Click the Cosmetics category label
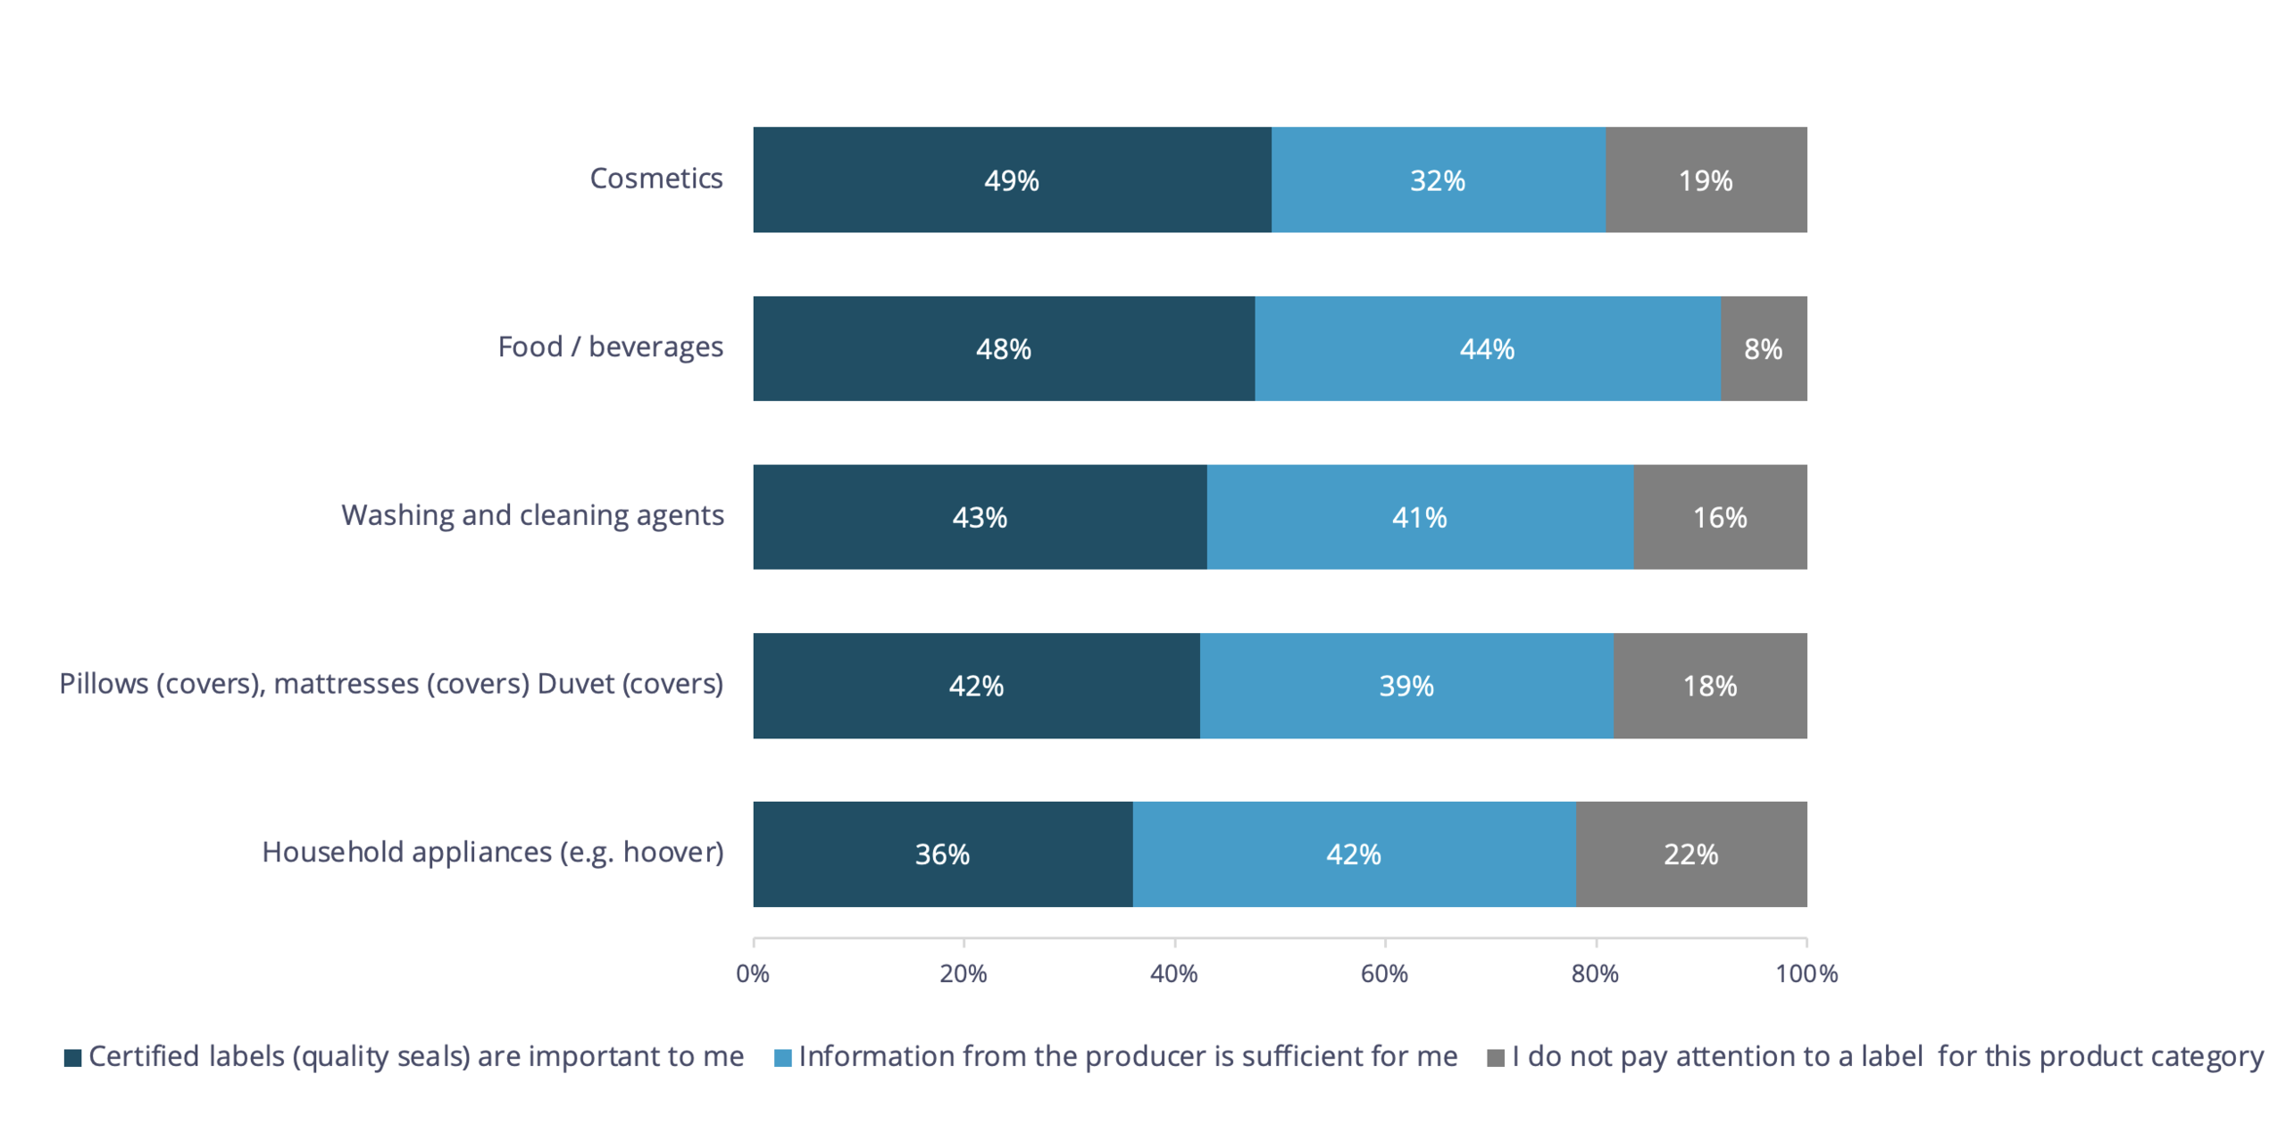point(655,179)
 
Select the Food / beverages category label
point(610,346)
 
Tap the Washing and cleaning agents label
point(532,515)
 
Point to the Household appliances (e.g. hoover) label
point(492,852)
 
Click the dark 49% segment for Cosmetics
point(1011,179)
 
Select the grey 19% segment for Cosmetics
point(1705,179)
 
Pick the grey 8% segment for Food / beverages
point(1763,348)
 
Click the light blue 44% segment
point(1487,348)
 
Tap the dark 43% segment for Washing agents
point(979,517)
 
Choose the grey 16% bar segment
point(1719,517)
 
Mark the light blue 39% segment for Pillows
point(1406,686)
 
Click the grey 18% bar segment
point(1709,686)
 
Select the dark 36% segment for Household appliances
point(942,854)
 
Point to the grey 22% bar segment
point(1690,854)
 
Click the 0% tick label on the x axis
point(752,973)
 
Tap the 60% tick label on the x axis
point(1383,973)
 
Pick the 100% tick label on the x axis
point(1806,973)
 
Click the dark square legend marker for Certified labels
point(73,1058)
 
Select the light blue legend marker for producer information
point(782,1058)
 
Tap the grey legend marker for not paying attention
point(1495,1058)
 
